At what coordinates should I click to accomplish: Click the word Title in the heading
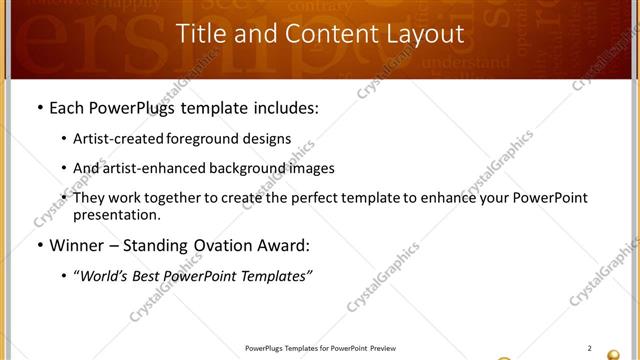click(201, 34)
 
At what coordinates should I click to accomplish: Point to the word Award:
click(283, 244)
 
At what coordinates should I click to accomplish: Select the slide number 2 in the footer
click(589, 348)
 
